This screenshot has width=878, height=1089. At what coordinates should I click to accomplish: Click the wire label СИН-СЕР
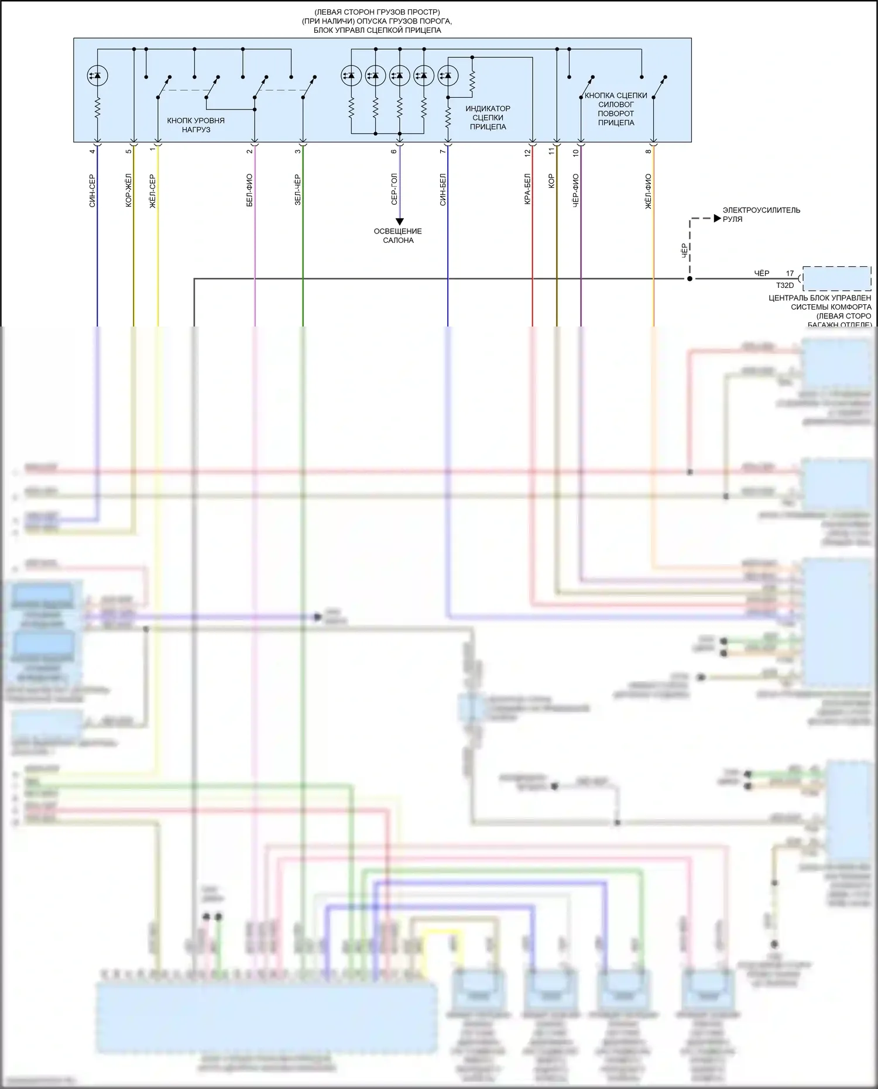[x=92, y=191]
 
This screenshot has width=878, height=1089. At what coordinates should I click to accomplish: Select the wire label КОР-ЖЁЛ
[x=129, y=190]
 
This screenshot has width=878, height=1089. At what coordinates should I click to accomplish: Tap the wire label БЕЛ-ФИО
[x=249, y=190]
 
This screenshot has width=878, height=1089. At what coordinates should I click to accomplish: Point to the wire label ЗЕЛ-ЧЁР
[x=297, y=190]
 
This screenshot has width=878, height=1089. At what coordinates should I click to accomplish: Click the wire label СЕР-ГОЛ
[x=394, y=189]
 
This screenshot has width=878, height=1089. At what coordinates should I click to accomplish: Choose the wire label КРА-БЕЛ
[x=527, y=189]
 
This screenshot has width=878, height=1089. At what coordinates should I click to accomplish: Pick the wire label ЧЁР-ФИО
[x=575, y=190]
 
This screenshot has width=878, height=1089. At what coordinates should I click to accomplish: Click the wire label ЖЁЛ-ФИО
[x=648, y=191]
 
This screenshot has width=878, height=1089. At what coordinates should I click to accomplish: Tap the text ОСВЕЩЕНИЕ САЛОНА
[x=398, y=236]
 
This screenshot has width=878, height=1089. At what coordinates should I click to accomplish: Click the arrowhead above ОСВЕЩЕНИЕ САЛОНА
[x=400, y=222]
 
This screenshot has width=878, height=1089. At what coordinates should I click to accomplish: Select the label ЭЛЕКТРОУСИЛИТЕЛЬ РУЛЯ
[x=761, y=214]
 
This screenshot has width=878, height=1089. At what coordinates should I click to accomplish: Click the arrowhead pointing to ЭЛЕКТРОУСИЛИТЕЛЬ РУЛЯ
[x=717, y=218]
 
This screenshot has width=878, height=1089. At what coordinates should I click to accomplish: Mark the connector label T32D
[x=785, y=286]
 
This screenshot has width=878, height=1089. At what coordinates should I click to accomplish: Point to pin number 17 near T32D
[x=790, y=273]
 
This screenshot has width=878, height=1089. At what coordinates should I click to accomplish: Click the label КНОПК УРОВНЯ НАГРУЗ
[x=196, y=125]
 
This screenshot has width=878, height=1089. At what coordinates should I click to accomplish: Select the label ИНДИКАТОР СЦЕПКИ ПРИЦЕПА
[x=488, y=118]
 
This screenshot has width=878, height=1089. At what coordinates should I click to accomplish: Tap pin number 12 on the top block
[x=527, y=152]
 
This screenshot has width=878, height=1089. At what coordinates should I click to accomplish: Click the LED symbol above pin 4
[x=97, y=75]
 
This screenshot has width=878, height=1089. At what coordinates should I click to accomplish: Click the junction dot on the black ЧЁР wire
[x=690, y=279]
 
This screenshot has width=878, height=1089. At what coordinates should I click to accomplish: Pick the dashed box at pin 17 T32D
[x=836, y=279]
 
